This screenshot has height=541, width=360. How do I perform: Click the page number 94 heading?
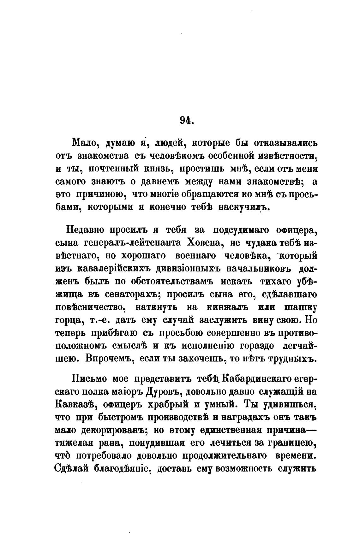pos(186,121)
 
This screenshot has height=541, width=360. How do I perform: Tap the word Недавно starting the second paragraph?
pos(83,230)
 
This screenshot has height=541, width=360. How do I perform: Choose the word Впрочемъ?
pos(109,359)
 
